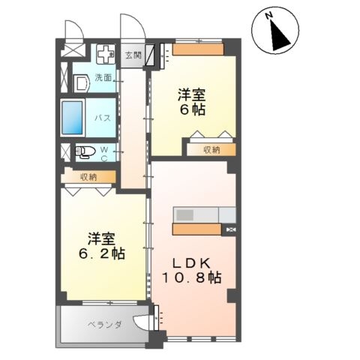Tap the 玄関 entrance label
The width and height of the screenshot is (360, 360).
coord(133,54)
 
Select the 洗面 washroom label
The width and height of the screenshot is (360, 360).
coord(103,77)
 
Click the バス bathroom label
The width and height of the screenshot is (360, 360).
coord(103,118)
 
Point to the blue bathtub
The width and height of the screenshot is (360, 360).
coord(72,116)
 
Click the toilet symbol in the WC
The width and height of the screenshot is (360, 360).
coord(85,152)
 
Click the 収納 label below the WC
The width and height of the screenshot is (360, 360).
coord(88,177)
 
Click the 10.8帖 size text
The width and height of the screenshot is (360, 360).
coord(193,278)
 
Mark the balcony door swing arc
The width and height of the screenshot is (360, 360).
coord(141,323)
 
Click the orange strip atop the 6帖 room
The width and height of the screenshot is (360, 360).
coord(198,51)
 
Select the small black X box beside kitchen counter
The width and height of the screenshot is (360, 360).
coord(231,229)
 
